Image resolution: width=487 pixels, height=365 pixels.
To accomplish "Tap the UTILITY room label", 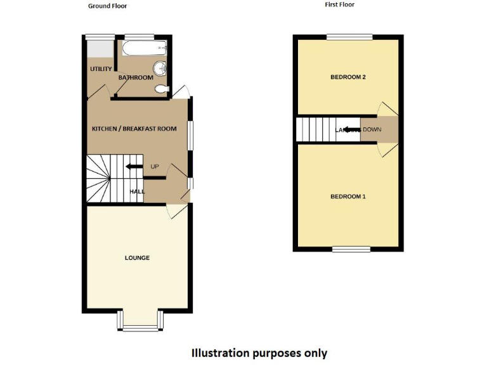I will point(101,69).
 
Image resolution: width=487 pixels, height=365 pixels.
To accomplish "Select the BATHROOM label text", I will point(136,78).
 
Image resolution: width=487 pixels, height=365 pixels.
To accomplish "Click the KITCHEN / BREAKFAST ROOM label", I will point(134,129).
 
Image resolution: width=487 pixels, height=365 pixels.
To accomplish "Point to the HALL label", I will point(138,191).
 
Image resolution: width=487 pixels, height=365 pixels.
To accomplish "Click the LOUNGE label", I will point(137,258).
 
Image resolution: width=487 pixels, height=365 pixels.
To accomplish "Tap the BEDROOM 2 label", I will point(348,77).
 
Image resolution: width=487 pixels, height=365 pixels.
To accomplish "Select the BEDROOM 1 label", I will point(348,196).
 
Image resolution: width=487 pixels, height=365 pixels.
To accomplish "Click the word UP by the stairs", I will point(154,167).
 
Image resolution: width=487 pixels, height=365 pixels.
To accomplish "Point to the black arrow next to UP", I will point(134,167).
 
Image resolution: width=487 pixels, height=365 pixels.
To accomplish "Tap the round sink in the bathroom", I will point(159,68).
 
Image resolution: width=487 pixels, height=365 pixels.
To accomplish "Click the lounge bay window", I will point(140,326).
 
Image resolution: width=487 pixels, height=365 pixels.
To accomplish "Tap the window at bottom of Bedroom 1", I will point(351,249).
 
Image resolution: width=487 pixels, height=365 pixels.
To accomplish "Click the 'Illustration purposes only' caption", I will point(260,353).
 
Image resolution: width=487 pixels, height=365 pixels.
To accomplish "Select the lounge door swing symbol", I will point(174,212).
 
